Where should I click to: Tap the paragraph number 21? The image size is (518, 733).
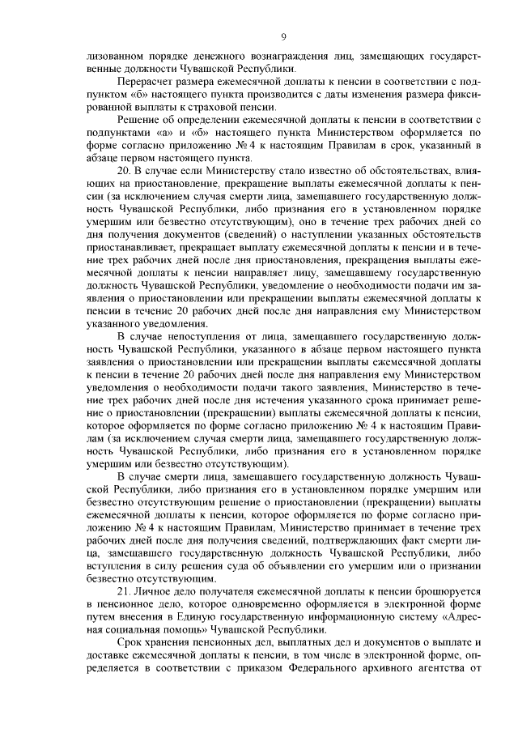125,594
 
